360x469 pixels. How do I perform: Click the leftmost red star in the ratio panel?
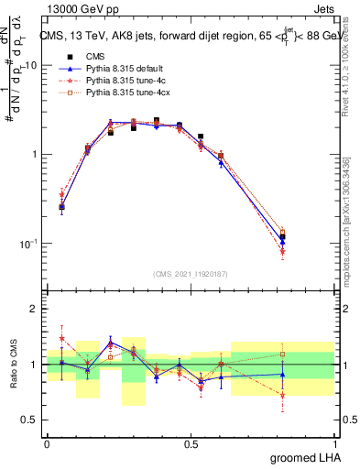(x=61, y=338)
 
